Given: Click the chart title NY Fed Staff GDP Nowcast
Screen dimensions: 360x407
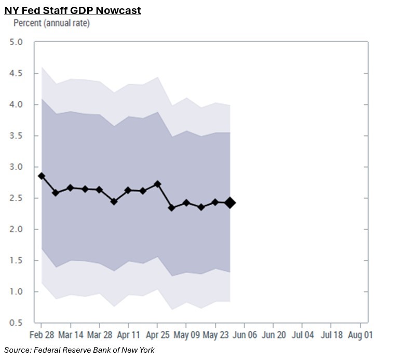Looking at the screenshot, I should pyautogui.click(x=73, y=10).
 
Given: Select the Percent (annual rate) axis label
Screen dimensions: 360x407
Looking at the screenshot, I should pyautogui.click(x=51, y=23).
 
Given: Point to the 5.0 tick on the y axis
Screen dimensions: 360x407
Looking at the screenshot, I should pyautogui.click(x=16, y=42).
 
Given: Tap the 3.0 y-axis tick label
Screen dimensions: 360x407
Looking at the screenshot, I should pyautogui.click(x=16, y=167).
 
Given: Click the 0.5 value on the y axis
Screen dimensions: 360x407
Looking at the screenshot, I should pyautogui.click(x=16, y=323).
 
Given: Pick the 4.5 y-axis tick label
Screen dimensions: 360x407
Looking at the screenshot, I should pyautogui.click(x=16, y=73).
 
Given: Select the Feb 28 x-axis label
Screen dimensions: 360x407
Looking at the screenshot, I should pyautogui.click(x=42, y=335).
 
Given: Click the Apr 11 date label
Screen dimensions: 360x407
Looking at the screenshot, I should pyautogui.click(x=128, y=335).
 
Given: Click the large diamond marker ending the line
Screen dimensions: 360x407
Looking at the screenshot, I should pyautogui.click(x=230, y=203).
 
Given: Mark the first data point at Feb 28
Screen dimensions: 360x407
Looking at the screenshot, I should pyautogui.click(x=42, y=176).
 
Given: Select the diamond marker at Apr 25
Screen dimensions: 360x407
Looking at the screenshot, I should pyautogui.click(x=157, y=184).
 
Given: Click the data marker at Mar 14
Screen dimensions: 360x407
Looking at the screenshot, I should pyautogui.click(x=71, y=188).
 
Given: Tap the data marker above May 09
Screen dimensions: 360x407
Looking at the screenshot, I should pyautogui.click(x=186, y=203).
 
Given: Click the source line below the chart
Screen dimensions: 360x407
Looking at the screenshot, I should pyautogui.click(x=79, y=350).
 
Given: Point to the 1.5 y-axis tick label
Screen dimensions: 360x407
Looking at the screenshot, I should pyautogui.click(x=16, y=260).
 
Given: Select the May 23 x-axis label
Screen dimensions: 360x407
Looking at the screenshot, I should pyautogui.click(x=214, y=335).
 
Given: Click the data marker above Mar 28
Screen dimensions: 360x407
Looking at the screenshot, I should pyautogui.click(x=99, y=190).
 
